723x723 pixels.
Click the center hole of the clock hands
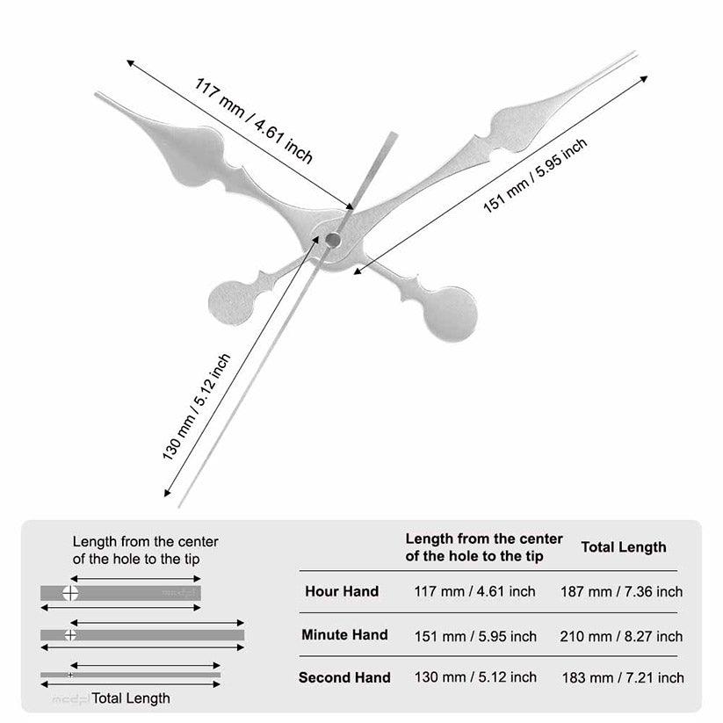click(x=333, y=239)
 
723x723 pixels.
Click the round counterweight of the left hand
click(x=230, y=300)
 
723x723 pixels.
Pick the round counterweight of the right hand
click(x=452, y=311)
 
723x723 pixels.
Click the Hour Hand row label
click(x=342, y=591)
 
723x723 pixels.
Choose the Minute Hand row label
click(x=344, y=634)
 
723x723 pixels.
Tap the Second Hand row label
click(x=344, y=677)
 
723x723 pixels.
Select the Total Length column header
click(x=624, y=547)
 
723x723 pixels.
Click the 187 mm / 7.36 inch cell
click(x=622, y=591)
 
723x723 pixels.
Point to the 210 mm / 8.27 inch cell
click(x=622, y=635)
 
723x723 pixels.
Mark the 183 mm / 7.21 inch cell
click(x=623, y=677)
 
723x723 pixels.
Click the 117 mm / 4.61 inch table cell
click(x=474, y=591)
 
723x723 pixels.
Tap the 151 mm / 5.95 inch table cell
click(x=474, y=635)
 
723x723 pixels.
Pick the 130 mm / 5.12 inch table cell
click(x=474, y=677)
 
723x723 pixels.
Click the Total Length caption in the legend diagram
click(x=131, y=698)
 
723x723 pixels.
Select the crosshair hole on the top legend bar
click(x=70, y=593)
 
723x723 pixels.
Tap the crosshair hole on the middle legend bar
click(x=70, y=634)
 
